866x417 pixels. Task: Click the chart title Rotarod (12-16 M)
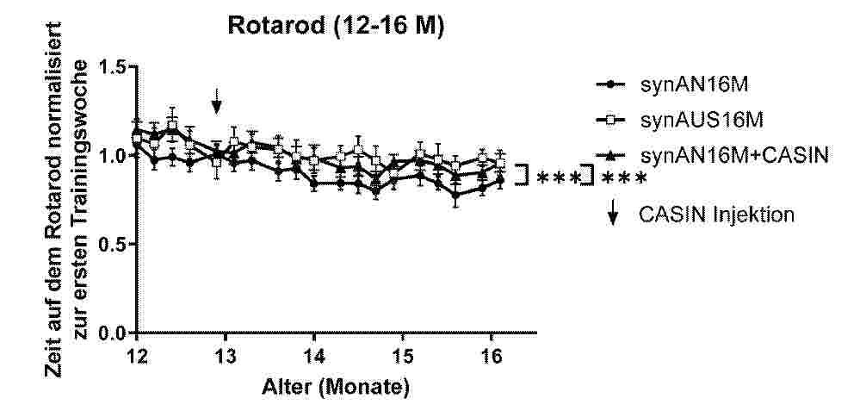[336, 27]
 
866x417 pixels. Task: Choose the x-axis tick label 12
[136, 356]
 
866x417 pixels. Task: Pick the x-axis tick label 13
[225, 356]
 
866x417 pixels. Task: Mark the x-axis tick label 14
[314, 356]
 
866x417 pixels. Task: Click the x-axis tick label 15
[402, 356]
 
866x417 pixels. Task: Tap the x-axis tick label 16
[491, 356]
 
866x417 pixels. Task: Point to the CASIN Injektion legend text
[715, 214]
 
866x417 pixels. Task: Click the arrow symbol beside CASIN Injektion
[613, 214]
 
